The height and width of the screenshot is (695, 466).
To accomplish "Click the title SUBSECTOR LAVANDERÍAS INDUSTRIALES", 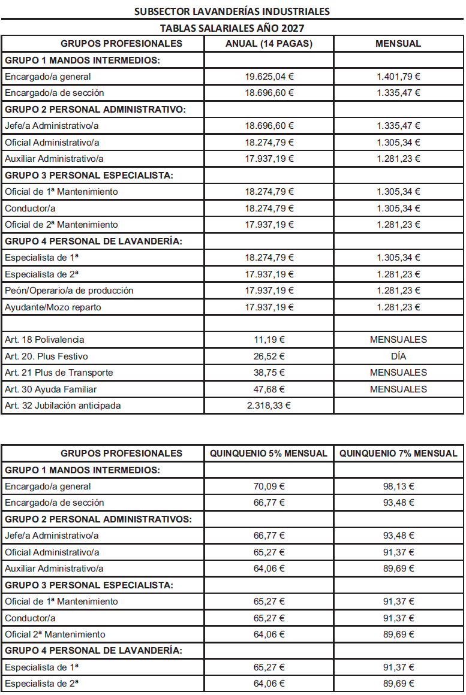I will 232,11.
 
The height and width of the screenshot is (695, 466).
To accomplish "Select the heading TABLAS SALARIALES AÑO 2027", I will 232,28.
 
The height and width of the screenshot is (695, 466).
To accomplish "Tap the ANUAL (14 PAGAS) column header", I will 269,44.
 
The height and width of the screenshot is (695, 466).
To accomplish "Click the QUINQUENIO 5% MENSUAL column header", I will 269,453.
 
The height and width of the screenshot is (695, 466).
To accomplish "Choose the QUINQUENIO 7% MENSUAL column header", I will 398,453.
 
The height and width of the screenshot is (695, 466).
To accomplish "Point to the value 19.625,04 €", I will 269,77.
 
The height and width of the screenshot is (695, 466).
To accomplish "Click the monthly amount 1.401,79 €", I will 398,77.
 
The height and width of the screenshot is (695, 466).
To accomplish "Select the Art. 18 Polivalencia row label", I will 44,340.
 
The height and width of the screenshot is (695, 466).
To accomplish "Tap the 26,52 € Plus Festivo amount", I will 269,356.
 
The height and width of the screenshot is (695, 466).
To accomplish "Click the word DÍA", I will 398,356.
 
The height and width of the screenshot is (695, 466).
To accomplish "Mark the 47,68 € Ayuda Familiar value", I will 269,389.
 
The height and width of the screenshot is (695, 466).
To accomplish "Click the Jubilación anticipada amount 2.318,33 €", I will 269,406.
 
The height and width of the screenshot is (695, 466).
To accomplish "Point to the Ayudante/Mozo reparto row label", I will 53,307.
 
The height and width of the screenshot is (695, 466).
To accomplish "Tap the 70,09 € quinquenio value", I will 269,486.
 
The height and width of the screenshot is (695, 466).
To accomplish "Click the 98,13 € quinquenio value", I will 398,486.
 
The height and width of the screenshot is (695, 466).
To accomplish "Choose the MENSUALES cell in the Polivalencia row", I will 398,340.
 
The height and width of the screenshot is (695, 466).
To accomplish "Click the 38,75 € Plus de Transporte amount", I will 269,373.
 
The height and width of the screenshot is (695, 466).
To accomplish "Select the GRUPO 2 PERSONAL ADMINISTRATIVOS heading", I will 98,519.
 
